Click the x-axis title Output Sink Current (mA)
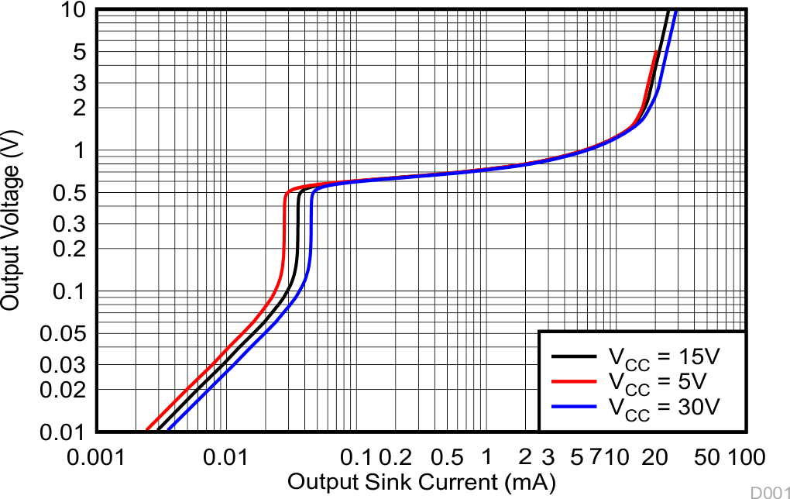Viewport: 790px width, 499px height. (421, 482)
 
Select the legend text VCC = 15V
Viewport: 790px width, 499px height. (664, 357)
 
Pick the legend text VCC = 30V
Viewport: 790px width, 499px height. (664, 406)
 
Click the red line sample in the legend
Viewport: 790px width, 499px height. (574, 381)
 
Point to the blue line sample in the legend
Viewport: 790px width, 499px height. (574, 406)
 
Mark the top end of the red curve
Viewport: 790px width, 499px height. (657, 52)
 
